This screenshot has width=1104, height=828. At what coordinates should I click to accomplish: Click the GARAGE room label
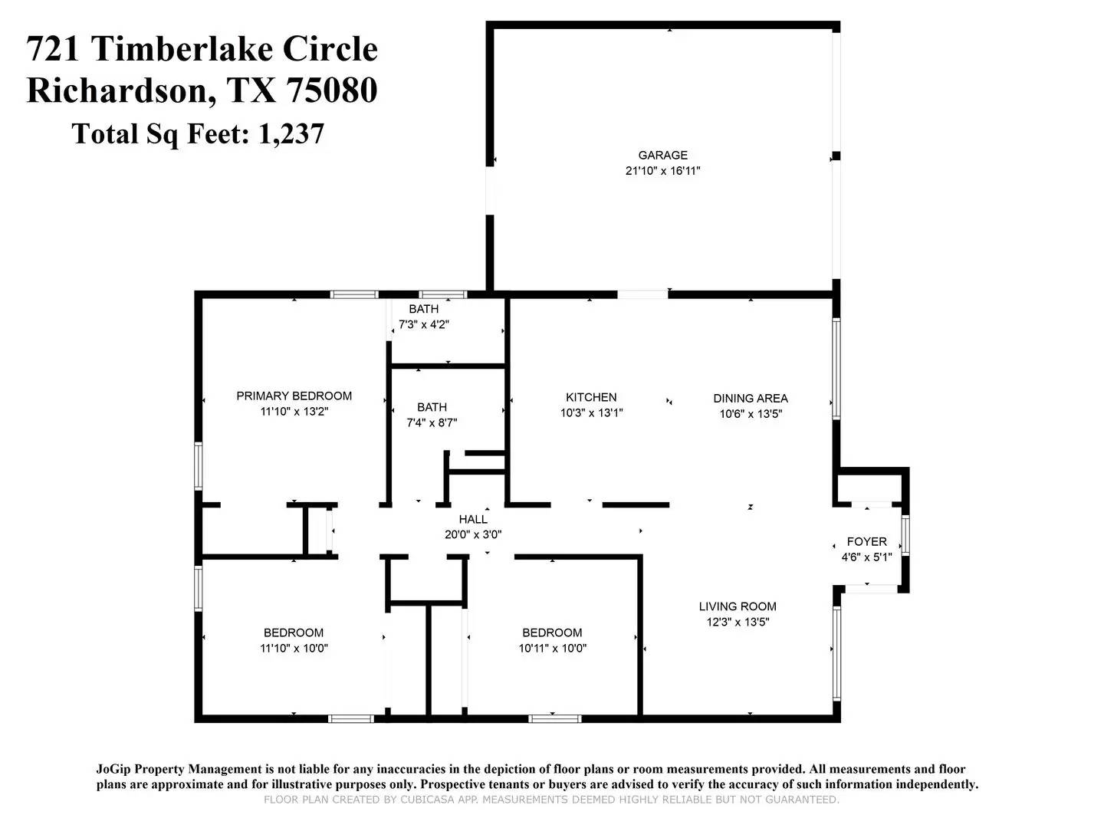click(662, 155)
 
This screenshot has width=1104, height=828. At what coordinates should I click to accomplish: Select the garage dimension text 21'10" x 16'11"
click(662, 170)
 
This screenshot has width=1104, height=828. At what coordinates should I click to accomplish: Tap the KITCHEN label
click(591, 397)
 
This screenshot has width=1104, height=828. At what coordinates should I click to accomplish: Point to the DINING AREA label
click(750, 398)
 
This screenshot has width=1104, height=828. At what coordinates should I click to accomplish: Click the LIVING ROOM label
click(738, 606)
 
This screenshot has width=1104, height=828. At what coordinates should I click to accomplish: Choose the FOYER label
click(866, 541)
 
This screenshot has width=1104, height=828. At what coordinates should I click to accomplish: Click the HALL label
click(473, 519)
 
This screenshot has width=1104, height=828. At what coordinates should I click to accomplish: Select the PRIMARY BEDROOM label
click(294, 396)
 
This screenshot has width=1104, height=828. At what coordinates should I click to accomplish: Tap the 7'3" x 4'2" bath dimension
click(423, 325)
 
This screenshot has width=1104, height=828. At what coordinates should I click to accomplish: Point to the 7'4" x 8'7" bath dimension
click(432, 422)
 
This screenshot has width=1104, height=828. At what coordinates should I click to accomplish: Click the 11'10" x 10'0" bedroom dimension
click(294, 648)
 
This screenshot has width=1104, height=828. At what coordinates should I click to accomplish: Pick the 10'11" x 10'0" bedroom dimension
click(552, 648)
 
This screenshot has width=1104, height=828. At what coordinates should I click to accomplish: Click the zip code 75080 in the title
click(331, 90)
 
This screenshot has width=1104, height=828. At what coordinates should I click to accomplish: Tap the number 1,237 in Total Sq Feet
click(291, 134)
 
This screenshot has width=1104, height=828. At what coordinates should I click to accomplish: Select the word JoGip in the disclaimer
click(114, 769)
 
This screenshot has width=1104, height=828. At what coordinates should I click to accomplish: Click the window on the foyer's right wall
click(905, 535)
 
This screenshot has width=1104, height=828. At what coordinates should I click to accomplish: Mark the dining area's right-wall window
click(836, 369)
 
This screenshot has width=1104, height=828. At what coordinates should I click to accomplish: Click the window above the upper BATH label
click(443, 294)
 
